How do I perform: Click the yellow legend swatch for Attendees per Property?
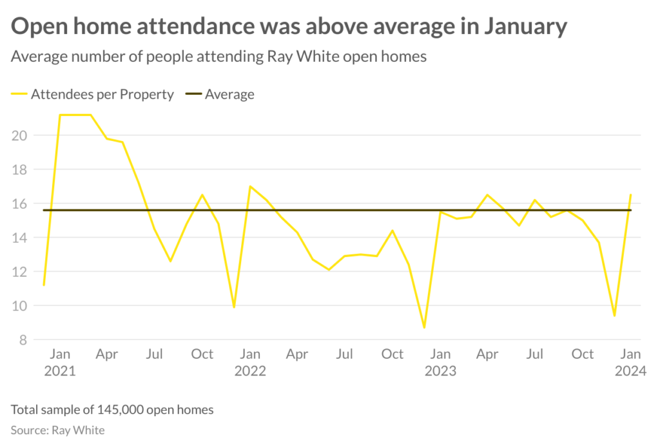(x=19, y=95)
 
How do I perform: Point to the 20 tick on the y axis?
(x=20, y=135)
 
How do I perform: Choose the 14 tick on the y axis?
(x=20, y=238)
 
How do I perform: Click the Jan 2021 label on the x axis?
(x=60, y=362)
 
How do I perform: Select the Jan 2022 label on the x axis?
(x=250, y=362)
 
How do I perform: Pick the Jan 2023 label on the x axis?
(x=440, y=362)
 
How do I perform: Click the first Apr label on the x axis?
(x=107, y=354)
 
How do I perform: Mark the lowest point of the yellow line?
(x=424, y=328)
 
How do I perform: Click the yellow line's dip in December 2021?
(x=234, y=307)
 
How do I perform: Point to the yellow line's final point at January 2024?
(x=630, y=195)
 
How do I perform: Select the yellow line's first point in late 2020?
(x=44, y=285)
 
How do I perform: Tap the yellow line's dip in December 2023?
(x=614, y=316)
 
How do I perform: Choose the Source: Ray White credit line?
(x=57, y=430)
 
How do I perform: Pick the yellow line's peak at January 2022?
(x=250, y=186)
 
